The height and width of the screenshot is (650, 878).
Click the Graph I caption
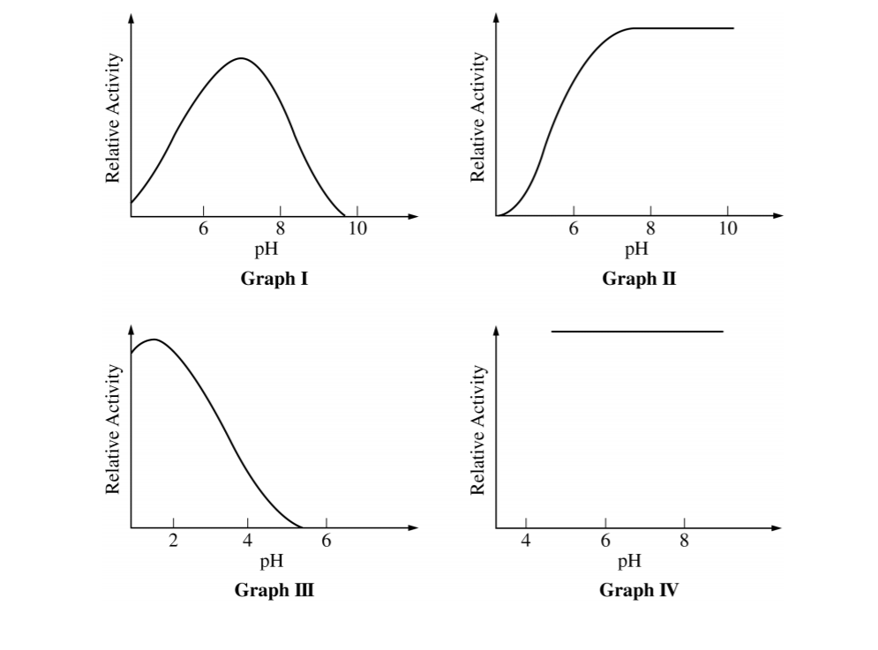tap(274, 280)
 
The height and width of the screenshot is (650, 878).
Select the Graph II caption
tap(639, 280)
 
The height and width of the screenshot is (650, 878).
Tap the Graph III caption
tap(274, 589)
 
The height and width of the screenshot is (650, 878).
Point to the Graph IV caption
tap(639, 589)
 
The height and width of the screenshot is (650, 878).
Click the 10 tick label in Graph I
tap(356, 230)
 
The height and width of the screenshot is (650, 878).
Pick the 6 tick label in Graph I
tap(203, 230)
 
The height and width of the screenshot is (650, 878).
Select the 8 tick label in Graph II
tap(650, 230)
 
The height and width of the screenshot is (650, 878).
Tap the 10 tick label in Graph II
tap(728, 230)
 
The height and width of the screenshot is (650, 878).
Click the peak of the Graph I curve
tap(241, 58)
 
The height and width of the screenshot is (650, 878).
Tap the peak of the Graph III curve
tap(154, 339)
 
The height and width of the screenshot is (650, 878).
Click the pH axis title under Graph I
tap(266, 250)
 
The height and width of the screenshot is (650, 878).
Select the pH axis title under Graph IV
tap(629, 561)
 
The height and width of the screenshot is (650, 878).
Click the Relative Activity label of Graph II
tap(479, 115)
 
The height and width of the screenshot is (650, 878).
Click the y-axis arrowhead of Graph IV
tap(496, 331)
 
